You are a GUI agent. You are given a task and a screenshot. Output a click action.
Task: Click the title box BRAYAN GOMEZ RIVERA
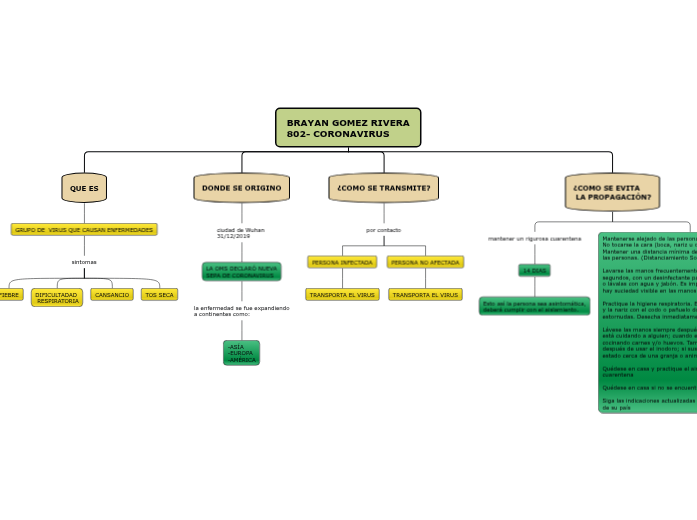pos(348,128)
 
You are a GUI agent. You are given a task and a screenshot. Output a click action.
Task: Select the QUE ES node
pos(84,188)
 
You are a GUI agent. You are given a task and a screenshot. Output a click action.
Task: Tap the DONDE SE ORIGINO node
pos(241,188)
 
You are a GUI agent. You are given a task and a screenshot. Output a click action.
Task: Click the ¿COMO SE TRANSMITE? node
pos(384,188)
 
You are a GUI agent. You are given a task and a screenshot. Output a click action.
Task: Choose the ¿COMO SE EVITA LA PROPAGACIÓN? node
pos(612,192)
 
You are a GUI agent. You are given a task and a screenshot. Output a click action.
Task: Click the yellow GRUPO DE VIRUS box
pos(84,230)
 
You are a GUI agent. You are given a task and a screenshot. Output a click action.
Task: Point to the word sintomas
pos(84,262)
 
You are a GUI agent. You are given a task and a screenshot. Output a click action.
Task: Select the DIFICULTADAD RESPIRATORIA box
pos(57,298)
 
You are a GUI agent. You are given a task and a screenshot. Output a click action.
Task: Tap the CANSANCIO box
pos(112,295)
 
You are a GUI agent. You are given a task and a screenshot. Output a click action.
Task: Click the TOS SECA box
pos(159,295)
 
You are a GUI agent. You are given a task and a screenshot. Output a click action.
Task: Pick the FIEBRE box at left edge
pos(9,295)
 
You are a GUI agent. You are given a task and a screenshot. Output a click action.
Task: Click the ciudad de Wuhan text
pos(240,233)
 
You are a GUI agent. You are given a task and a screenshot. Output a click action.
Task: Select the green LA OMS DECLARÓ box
pos(241,272)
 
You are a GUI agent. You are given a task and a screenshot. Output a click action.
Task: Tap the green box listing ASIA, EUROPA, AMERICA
pos(241,353)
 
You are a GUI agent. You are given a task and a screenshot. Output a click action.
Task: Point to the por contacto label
pos(384,230)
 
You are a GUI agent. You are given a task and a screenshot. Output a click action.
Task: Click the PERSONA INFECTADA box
pos(342,262)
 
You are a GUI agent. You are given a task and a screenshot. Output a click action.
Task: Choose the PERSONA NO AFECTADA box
pos(425,262)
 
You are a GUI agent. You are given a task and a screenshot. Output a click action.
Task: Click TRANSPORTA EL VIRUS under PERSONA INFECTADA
pos(342,295)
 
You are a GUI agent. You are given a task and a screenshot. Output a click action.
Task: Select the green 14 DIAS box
pos(534,271)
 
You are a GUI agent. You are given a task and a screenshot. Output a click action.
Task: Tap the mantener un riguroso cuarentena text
pos(534,239)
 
